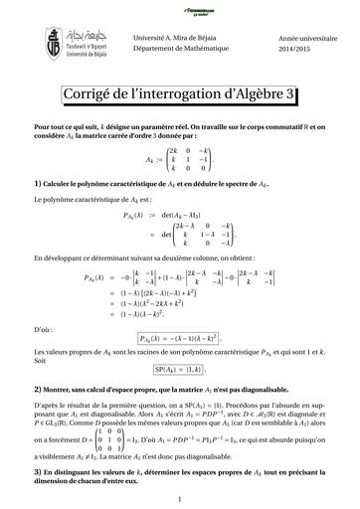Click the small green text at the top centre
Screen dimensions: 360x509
180,9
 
